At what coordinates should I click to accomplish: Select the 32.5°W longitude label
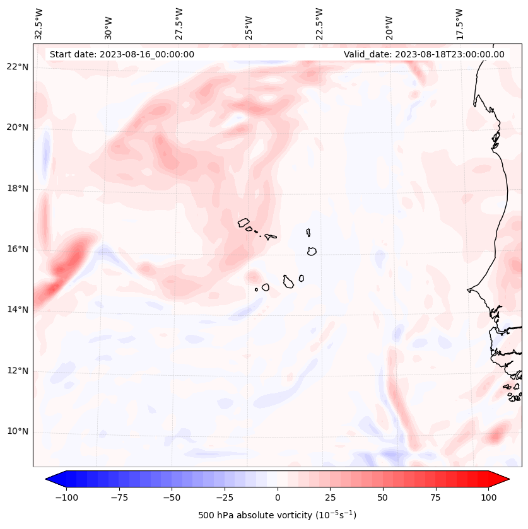coord(39,23)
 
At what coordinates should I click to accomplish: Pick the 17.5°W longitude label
coord(459,23)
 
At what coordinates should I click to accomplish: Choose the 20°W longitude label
coord(390,25)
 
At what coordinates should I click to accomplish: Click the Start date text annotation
coord(122,54)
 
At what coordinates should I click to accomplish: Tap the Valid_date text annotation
coord(424,54)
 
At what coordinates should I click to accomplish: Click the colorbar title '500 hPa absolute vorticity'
coord(277,515)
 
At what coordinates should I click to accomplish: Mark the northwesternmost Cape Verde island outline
coord(243,223)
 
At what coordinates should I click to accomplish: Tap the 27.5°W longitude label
coord(179,23)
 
